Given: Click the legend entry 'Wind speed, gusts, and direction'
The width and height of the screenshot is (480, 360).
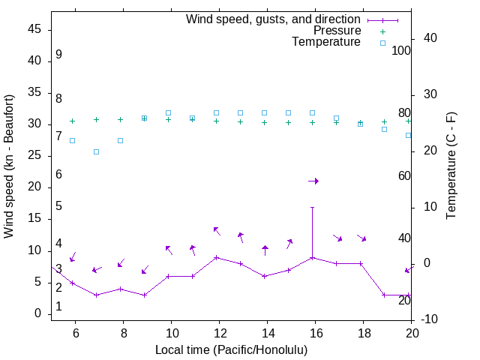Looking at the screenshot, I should pyautogui.click(x=274, y=19).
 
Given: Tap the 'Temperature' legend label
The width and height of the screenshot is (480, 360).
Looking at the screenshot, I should pyautogui.click(x=326, y=42).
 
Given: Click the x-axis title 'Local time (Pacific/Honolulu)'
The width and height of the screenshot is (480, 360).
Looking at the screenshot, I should pyautogui.click(x=231, y=349).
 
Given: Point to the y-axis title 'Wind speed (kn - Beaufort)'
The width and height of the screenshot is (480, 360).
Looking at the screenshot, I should pyautogui.click(x=9, y=166).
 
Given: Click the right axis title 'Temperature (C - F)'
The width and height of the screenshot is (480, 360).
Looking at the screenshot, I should pyautogui.click(x=451, y=166).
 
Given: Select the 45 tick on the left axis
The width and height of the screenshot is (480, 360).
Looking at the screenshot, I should pyautogui.click(x=34, y=29).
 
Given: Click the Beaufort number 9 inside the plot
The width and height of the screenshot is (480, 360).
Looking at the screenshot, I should pyautogui.click(x=58, y=55).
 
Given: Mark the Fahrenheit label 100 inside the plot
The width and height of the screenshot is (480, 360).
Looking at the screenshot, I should pyautogui.click(x=401, y=50).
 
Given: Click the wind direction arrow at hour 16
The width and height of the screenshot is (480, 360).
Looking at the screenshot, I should pyautogui.click(x=313, y=181).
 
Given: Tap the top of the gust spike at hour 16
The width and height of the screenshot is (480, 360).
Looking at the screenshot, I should pyautogui.click(x=313, y=207).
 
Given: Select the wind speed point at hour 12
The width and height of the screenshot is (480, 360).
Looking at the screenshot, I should pyautogui.click(x=217, y=257).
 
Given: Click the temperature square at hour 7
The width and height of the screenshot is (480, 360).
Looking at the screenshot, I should pyautogui.click(x=96, y=151).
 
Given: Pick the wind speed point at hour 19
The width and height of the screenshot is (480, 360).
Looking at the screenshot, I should pyautogui.click(x=385, y=295).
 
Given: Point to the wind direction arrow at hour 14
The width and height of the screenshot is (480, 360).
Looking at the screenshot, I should pyautogui.click(x=265, y=250).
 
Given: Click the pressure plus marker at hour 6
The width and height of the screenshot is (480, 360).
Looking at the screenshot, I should pyautogui.click(x=72, y=121).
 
